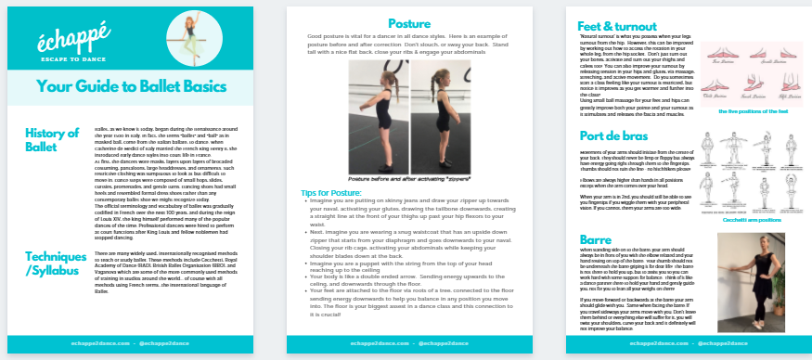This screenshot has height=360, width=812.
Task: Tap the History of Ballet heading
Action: coord(52,140)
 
